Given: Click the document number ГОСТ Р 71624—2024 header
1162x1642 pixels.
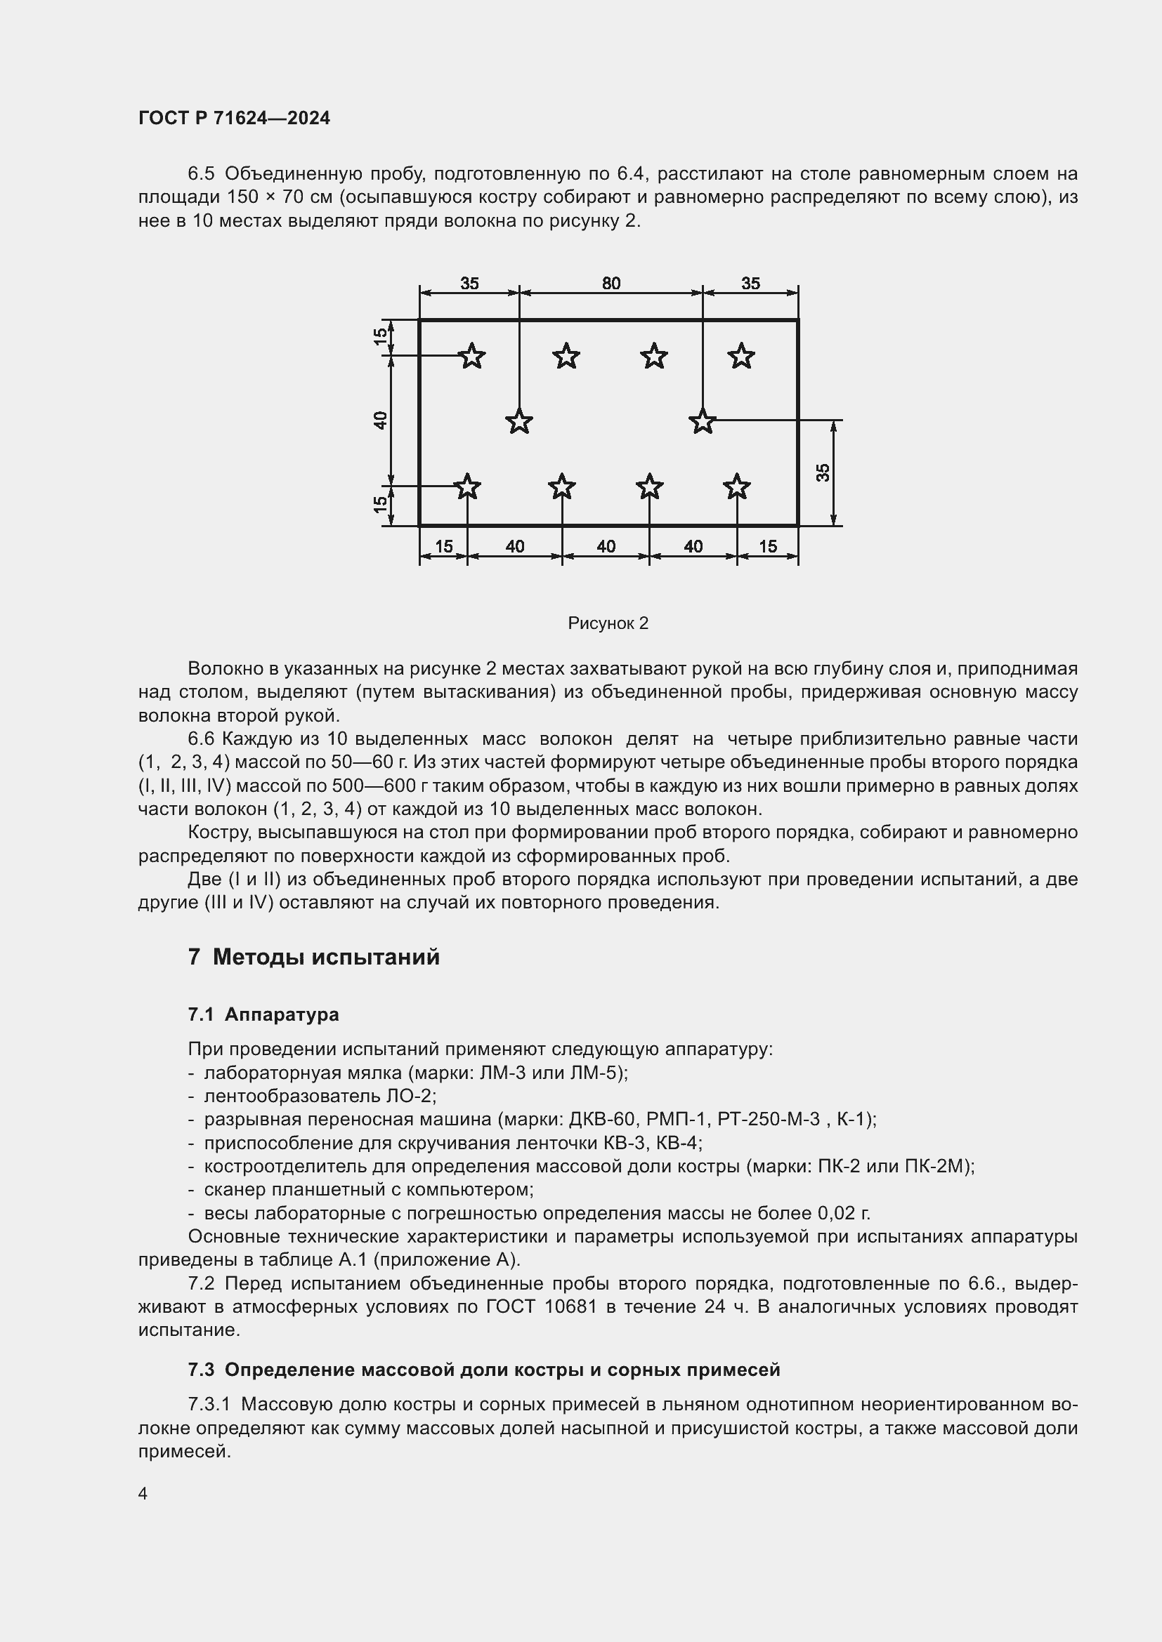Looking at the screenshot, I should tap(234, 118).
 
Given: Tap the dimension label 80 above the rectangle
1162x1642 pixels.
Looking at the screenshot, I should tap(611, 283).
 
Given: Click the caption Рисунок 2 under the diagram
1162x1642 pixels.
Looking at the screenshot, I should tap(608, 623).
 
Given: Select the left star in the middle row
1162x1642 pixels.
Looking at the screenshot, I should tap(518, 421).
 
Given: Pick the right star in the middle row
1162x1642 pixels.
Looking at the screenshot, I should tap(702, 421).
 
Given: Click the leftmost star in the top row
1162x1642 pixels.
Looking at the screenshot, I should tap(471, 355).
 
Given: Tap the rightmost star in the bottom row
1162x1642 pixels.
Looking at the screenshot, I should tap(736, 487).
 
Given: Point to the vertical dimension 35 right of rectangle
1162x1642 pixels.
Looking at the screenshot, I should tap(823, 472).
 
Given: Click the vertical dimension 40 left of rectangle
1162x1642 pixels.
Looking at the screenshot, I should tap(381, 421).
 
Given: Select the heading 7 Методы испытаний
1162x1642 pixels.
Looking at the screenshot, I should tap(313, 957).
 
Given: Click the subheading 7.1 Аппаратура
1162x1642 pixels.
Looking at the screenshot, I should tap(263, 1014).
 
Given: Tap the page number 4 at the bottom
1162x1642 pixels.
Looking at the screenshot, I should tap(143, 1493).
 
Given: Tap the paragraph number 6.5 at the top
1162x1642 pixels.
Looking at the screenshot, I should tap(201, 174).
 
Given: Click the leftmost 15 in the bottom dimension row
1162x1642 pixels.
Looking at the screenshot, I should tap(443, 546).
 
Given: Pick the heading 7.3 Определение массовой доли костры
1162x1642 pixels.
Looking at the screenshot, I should tap(483, 1370).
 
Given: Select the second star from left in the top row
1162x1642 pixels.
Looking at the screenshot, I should tap(566, 355).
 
